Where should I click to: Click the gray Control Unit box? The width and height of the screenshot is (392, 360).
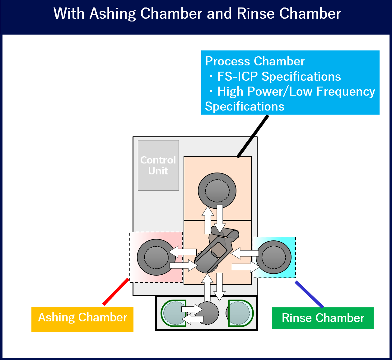coord(158,165)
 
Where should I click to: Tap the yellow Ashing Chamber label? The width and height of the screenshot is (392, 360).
coord(82,319)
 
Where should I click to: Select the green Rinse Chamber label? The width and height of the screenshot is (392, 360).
coord(323,318)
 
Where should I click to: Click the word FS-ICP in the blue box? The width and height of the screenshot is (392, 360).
coord(238,77)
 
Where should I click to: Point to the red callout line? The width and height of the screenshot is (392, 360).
coord(115,292)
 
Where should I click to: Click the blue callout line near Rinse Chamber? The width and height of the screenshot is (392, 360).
coord(309,294)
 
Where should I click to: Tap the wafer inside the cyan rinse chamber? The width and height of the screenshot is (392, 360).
coord(274,257)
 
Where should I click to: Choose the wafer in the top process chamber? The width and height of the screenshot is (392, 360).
coord(217,190)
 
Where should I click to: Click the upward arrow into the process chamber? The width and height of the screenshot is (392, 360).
coord(208,220)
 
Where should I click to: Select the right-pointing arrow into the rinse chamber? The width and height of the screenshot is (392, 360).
coord(246,267)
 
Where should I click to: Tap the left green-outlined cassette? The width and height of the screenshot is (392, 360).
coord(174,313)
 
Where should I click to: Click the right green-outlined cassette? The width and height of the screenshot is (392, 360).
coord(240,313)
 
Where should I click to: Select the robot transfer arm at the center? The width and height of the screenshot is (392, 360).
coord(218,248)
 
